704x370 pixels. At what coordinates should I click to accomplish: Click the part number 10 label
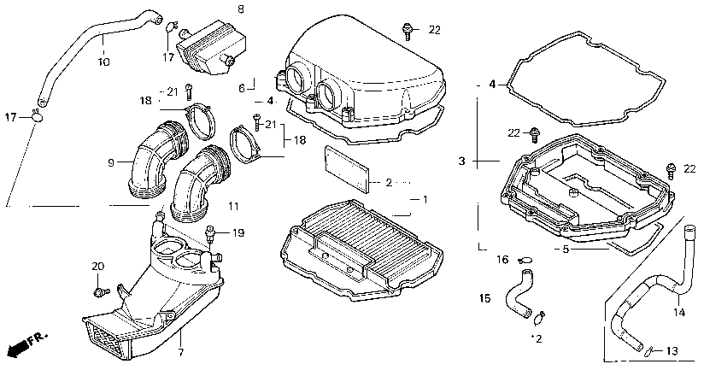point(103,62)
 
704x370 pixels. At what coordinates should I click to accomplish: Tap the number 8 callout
point(240,9)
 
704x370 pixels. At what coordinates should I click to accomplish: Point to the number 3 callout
point(461,161)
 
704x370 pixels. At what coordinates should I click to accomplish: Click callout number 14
point(680,313)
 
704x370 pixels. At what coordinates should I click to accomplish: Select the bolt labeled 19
point(209,232)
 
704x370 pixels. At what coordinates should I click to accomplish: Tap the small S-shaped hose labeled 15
point(518,291)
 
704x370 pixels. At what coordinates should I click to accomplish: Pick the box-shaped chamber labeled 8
point(208,46)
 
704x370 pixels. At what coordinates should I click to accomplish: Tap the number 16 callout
point(502,259)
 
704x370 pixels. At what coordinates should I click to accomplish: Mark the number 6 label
point(242,87)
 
